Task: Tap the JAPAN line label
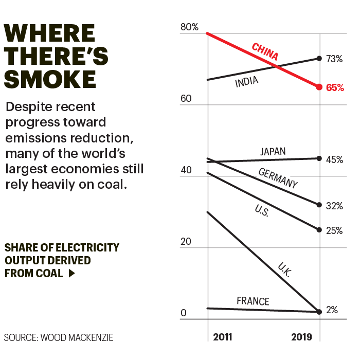pyautogui.click(x=273, y=152)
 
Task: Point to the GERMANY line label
pyautogui.click(x=278, y=178)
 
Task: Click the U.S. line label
pyautogui.click(x=261, y=210)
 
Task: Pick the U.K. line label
pyautogui.click(x=284, y=271)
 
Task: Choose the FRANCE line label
pyautogui.click(x=253, y=301)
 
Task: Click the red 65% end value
pyautogui.click(x=335, y=87)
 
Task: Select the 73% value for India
pyautogui.click(x=334, y=59)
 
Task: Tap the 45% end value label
pyautogui.click(x=334, y=159)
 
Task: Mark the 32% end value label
pyautogui.click(x=334, y=206)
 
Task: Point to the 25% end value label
pyautogui.click(x=334, y=230)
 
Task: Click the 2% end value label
pyautogui.click(x=332, y=310)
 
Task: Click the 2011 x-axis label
pyautogui.click(x=223, y=337)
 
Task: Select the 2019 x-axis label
pyautogui.click(x=301, y=337)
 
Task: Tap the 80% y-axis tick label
pyautogui.click(x=189, y=27)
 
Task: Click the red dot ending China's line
pyautogui.click(x=319, y=87)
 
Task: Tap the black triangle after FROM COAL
pyautogui.click(x=71, y=274)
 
